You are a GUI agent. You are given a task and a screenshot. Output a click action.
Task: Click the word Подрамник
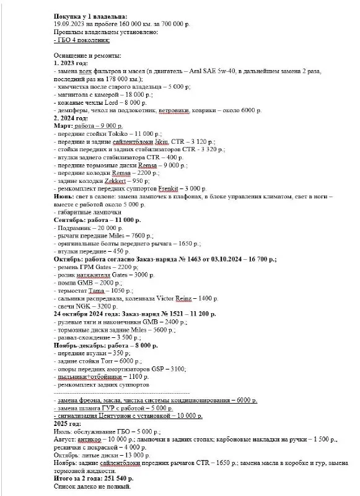[76, 228]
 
